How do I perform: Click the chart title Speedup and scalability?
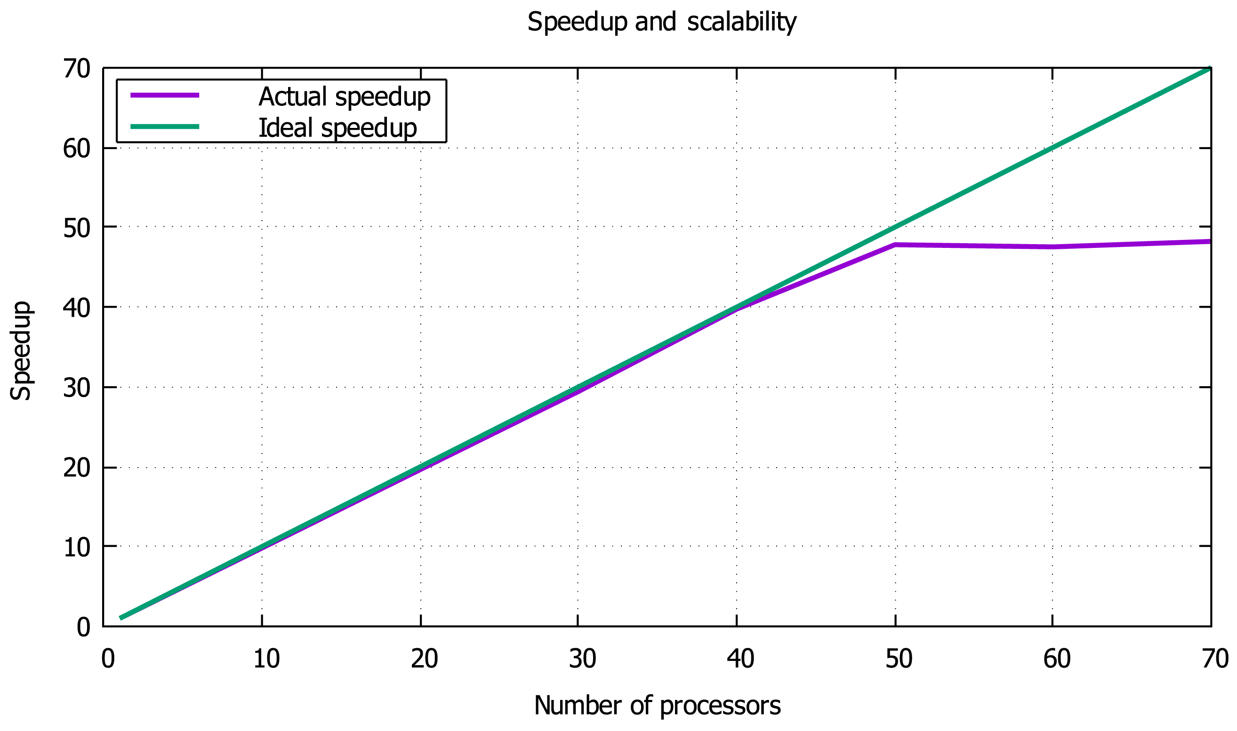[x=661, y=22]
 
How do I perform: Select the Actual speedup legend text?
[x=345, y=96]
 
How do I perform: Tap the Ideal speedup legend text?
[x=337, y=128]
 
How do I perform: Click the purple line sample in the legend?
[x=165, y=95]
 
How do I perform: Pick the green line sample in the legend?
[x=165, y=127]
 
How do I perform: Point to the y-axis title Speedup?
[x=21, y=351]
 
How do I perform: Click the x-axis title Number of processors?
[x=658, y=706]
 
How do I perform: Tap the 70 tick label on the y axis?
[x=77, y=69]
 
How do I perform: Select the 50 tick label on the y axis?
[x=77, y=228]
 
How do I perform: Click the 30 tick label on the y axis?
[x=77, y=388]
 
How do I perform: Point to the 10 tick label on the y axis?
[x=77, y=547]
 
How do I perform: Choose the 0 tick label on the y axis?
[x=83, y=628]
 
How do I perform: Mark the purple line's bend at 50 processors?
[x=895, y=244]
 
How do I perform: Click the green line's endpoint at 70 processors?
[x=1210, y=69]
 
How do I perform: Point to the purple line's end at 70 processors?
[x=1210, y=241]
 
